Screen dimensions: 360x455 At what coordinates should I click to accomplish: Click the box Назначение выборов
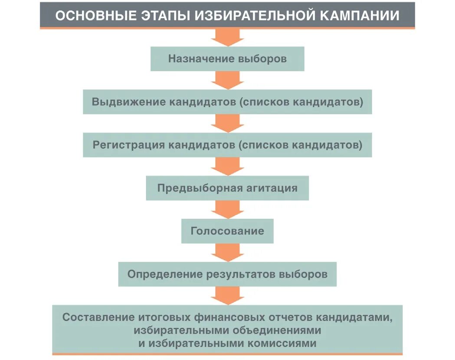click(227, 59)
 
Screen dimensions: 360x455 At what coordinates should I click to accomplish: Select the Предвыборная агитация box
click(227, 188)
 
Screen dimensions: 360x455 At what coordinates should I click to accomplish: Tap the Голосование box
click(227, 231)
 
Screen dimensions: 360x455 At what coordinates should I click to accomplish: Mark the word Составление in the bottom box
click(96, 317)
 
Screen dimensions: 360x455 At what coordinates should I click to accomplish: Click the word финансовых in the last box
click(229, 317)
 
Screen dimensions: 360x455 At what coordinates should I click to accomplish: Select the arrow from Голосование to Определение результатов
click(227, 252)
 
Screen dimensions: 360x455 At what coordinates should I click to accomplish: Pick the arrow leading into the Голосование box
click(227, 210)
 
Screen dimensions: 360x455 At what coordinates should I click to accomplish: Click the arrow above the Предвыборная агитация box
click(227, 167)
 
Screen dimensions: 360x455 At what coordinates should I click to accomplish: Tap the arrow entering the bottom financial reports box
click(227, 296)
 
